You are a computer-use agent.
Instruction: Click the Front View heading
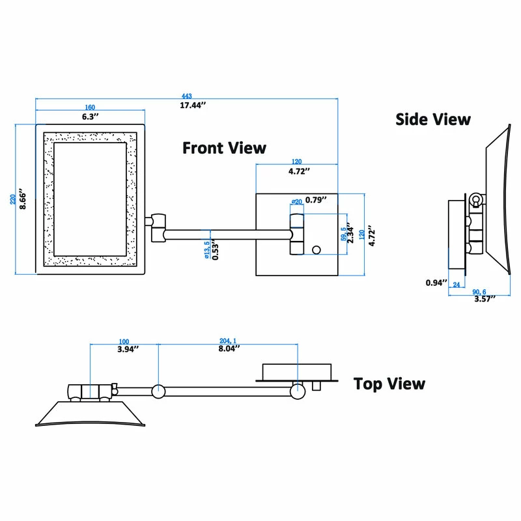click(x=224, y=148)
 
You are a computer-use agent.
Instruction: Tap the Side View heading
click(x=433, y=119)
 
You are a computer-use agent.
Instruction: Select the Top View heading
click(x=389, y=384)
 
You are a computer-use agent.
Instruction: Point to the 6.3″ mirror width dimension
click(x=90, y=117)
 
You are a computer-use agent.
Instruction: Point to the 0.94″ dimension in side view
click(x=436, y=283)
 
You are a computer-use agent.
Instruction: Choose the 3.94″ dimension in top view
click(x=123, y=349)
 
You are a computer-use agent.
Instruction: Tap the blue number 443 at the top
click(x=189, y=96)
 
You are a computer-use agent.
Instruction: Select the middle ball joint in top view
click(x=158, y=391)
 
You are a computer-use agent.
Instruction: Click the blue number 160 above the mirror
click(x=90, y=108)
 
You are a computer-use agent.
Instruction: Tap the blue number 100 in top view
click(x=123, y=341)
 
